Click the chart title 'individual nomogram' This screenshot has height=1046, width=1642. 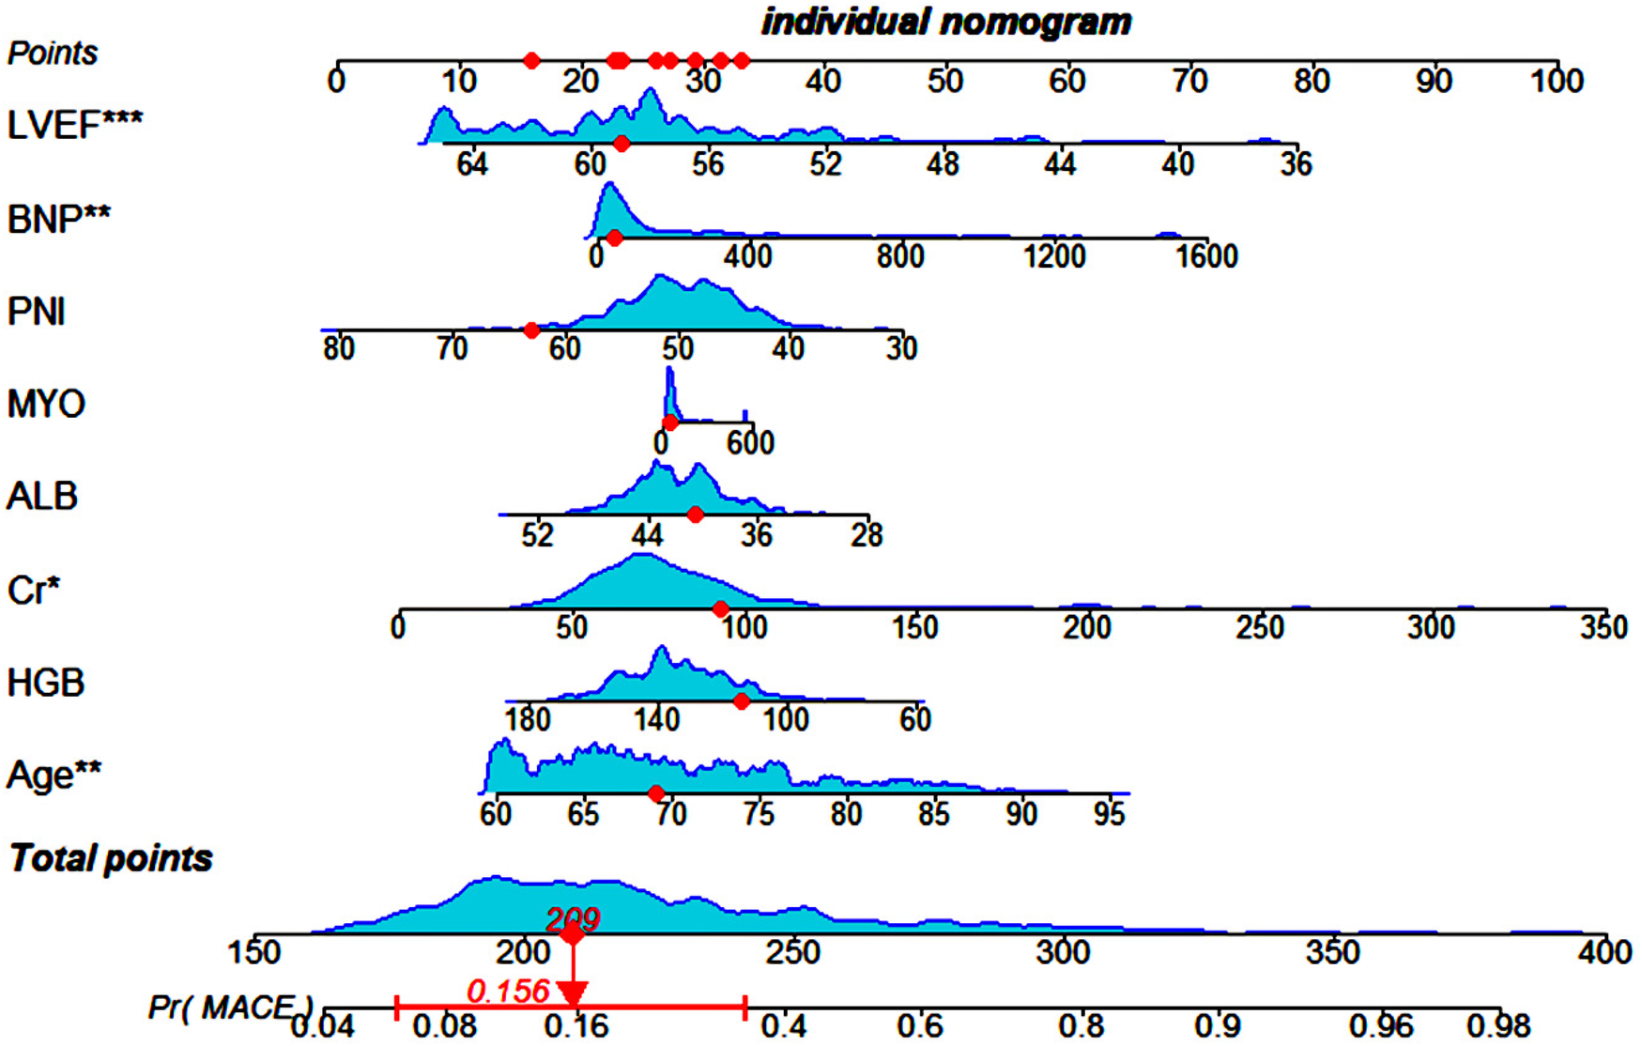click(946, 22)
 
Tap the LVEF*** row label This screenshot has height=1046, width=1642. click(75, 124)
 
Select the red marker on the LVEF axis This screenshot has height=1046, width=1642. click(622, 144)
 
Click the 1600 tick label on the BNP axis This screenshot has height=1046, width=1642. click(1207, 256)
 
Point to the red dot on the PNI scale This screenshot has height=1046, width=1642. click(531, 331)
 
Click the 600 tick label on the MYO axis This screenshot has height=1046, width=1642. click(750, 442)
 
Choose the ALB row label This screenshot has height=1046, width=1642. click(42, 496)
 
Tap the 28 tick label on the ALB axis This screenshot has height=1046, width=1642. click(867, 535)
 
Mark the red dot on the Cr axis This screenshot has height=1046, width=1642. click(720, 609)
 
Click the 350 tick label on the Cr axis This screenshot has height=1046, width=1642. click(1604, 627)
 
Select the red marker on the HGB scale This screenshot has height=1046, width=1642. click(742, 701)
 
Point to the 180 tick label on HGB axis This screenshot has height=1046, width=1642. click(528, 720)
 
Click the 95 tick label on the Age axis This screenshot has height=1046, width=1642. click(1109, 813)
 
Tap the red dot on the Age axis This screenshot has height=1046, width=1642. click(656, 793)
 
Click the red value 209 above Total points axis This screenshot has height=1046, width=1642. click(572, 917)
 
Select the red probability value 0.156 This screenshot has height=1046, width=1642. click(508, 991)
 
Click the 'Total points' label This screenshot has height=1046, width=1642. click(111, 858)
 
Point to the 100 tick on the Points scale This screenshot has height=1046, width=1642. click(1557, 82)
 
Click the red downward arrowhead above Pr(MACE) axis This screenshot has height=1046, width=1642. click(573, 993)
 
